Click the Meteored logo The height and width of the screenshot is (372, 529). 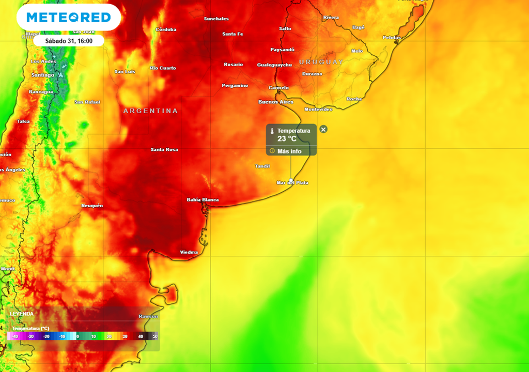click(x=69, y=18)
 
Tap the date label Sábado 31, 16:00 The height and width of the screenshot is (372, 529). click(x=69, y=40)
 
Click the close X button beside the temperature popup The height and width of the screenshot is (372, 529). click(x=323, y=129)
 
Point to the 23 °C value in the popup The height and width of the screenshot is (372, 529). click(x=287, y=138)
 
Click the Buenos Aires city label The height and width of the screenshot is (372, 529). click(x=275, y=102)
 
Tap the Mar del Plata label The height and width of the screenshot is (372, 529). click(x=292, y=183)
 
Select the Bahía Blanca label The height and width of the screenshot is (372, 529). click(x=203, y=200)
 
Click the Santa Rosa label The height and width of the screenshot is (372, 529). click(x=164, y=150)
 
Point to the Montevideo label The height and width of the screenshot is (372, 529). click(x=318, y=110)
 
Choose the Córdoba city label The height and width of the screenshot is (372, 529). click(x=166, y=29)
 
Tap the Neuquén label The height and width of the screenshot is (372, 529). click(x=92, y=206)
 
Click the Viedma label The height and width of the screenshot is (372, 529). click(x=189, y=252)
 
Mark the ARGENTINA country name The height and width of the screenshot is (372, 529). click(x=150, y=111)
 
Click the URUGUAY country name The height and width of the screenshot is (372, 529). click(x=321, y=62)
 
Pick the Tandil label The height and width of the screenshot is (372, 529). click(x=262, y=166)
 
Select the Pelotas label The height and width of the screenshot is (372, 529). click(x=392, y=38)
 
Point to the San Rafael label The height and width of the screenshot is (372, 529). click(x=87, y=102)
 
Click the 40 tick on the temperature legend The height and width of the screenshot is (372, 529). click(x=140, y=336)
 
